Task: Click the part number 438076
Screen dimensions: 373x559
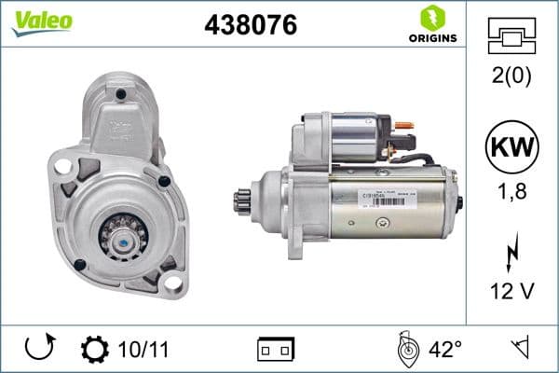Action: coord(250,26)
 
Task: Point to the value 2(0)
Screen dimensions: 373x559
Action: coord(511,77)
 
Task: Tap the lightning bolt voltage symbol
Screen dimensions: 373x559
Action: coord(511,252)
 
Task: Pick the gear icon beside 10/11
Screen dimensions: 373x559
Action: coord(95,350)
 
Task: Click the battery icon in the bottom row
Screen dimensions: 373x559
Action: coord(275,350)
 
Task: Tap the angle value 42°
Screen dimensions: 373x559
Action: coord(445,350)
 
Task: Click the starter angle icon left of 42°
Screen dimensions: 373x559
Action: coord(407,350)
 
